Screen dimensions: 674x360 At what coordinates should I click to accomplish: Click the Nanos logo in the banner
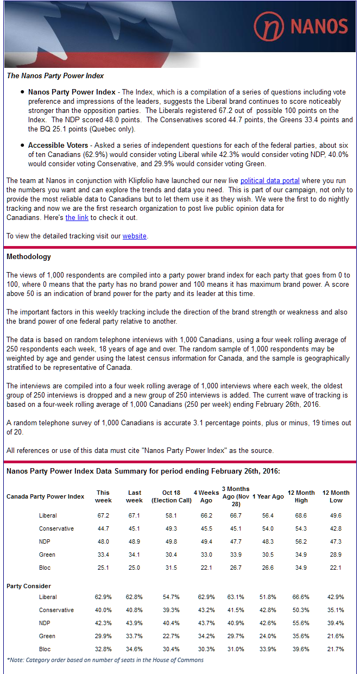pos(301,26)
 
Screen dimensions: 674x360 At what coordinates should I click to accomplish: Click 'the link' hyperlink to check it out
pos(77,217)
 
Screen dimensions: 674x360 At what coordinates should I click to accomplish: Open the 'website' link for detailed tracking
pos(134,236)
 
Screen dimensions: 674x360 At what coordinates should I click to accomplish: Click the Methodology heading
pos(28,256)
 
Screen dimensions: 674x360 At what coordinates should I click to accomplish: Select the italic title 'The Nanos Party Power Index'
pos(55,75)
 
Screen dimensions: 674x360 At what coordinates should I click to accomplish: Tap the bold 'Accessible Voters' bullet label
pos(58,146)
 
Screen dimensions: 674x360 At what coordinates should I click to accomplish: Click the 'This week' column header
pos(103,496)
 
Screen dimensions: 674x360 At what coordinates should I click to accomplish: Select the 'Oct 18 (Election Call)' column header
pos(171,496)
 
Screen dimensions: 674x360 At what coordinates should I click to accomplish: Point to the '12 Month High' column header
pos(301,496)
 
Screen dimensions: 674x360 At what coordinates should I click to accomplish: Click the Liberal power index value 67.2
pos(103,515)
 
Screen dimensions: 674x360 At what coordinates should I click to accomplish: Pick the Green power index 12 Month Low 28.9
pos(336,555)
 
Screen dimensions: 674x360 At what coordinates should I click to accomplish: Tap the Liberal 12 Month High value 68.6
pos(301,515)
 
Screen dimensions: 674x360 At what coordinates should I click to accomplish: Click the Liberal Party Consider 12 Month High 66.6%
pos(301,597)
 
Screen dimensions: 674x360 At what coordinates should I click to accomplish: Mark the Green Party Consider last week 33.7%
pos(134,636)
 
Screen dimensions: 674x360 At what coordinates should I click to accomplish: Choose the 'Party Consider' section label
pos(28,586)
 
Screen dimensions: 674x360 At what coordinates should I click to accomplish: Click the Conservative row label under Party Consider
pos(56,610)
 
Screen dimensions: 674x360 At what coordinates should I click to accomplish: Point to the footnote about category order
pos(105,660)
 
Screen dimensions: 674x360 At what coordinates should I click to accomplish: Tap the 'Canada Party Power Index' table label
pos(45,496)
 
